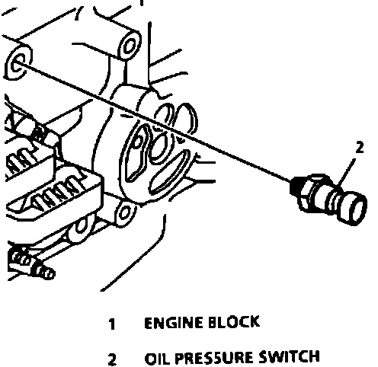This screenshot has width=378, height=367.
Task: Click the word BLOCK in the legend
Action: (234, 322)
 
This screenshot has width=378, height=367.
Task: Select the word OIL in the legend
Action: (156, 359)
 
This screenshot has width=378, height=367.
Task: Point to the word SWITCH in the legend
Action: (289, 356)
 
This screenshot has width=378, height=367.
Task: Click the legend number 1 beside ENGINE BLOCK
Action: (112, 324)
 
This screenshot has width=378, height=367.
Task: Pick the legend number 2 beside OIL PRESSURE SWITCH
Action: (112, 359)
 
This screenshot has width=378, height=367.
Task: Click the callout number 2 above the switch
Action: (360, 148)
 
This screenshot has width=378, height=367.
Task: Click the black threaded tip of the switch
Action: (294, 186)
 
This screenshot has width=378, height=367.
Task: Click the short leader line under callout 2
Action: (347, 173)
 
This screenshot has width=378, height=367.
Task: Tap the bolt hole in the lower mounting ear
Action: (124, 212)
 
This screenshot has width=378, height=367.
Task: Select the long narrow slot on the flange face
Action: (170, 171)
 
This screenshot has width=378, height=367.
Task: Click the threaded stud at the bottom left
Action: (32, 264)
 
